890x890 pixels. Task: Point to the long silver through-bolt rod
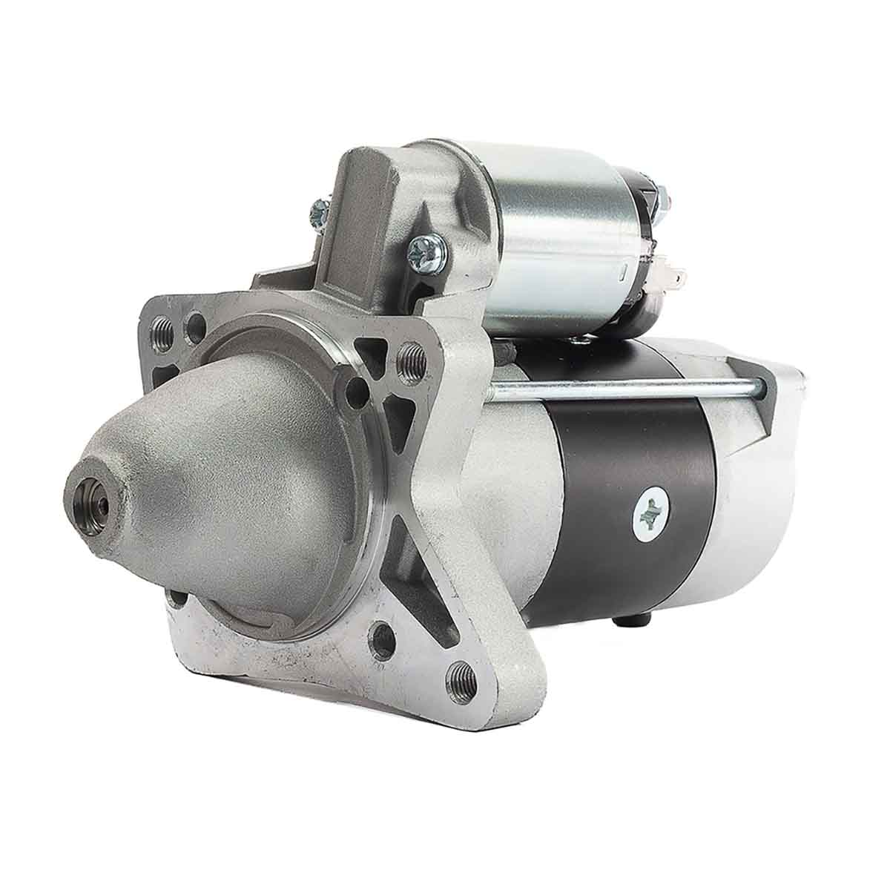623,386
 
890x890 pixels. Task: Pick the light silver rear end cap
764,475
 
